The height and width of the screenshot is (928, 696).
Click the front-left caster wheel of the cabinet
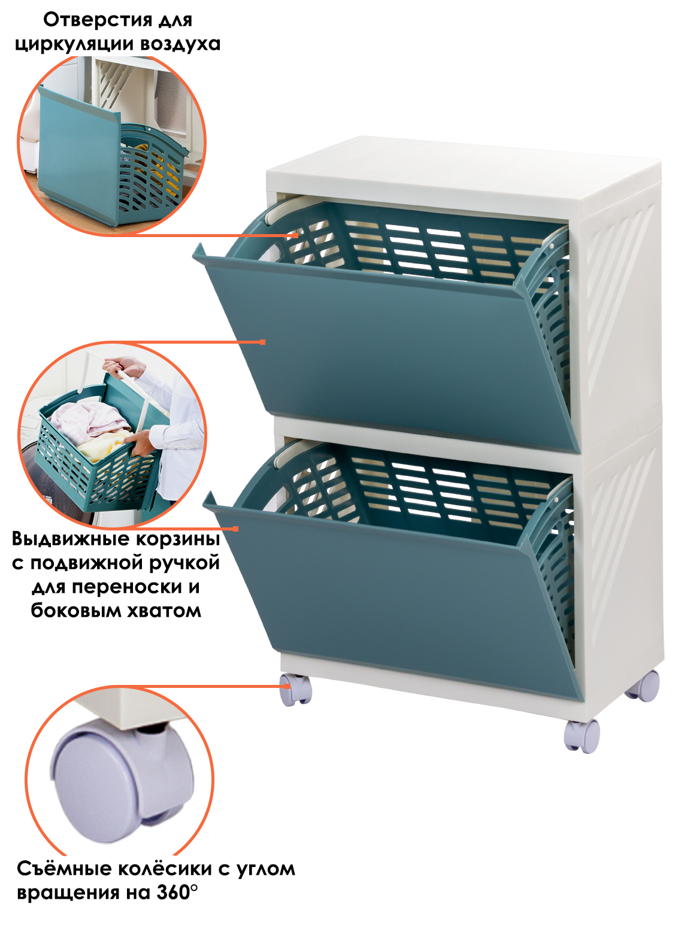pos(295,690)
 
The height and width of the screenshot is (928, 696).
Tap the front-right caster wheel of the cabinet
pos(582,735)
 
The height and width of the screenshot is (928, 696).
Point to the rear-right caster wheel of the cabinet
pos(643,686)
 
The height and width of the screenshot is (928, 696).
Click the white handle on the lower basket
pos(292,454)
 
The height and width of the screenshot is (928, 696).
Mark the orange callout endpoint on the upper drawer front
pos(262,342)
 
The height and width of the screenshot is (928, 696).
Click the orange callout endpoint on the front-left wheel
pos(288,687)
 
